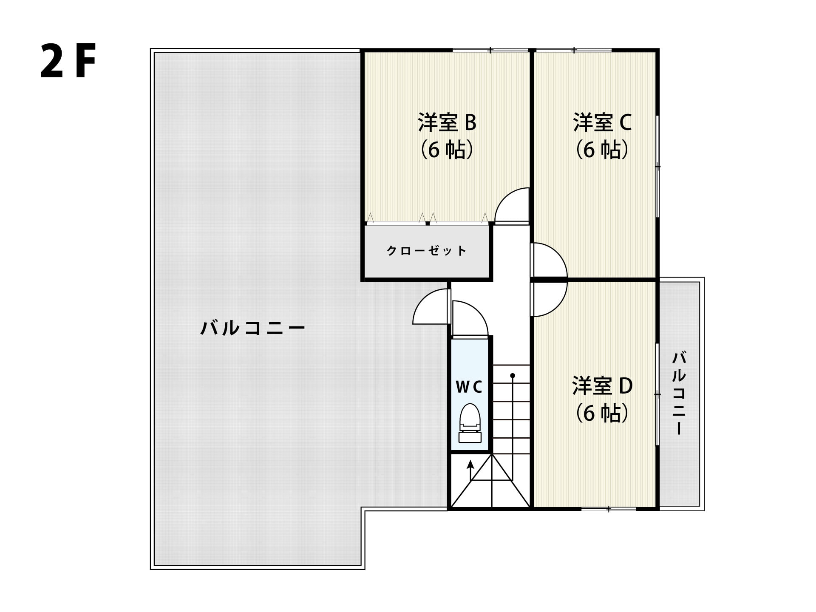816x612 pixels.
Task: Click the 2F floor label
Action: point(68,61)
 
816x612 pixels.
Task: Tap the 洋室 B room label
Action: point(447,122)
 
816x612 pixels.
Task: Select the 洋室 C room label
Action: point(602,122)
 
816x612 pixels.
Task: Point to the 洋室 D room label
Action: point(602,385)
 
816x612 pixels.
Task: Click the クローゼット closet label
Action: point(427,250)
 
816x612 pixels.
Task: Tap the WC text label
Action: point(469,387)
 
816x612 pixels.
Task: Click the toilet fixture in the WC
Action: point(470,423)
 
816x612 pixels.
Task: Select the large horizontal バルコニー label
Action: point(253,328)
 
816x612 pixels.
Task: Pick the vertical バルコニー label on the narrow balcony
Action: point(679,393)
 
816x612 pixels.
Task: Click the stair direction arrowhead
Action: point(470,464)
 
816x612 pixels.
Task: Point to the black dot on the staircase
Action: point(513,376)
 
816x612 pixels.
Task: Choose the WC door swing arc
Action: point(478,311)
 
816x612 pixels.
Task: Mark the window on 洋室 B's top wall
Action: point(490,51)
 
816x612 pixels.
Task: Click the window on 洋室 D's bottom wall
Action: point(609,509)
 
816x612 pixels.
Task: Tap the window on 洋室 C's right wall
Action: point(657,167)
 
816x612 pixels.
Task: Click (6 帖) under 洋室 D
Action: point(602,413)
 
